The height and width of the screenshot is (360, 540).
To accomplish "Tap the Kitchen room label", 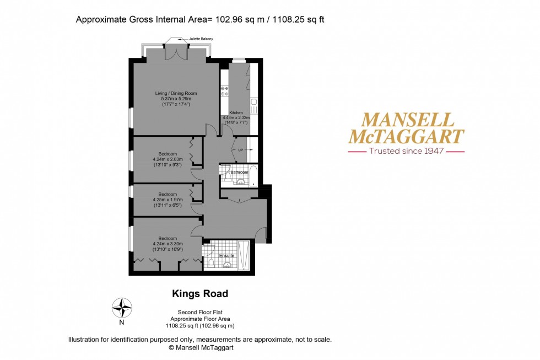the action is coord(236,112).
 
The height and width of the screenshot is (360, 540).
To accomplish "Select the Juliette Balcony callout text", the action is coord(201,39).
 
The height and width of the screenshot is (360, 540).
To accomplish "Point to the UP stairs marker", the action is coord(240,150).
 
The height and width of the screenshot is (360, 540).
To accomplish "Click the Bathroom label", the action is coord(239,172).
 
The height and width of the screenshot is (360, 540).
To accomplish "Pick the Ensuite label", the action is coord(226,256).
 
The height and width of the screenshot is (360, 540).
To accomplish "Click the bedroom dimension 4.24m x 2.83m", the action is coord(168,159).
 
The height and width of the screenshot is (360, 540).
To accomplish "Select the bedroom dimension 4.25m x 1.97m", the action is coord(168,200).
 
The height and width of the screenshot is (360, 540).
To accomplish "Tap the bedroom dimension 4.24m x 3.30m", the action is coord(168,244).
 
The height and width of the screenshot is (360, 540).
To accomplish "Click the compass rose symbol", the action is coord(122,308).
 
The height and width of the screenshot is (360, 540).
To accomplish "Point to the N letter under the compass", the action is coord(121,323).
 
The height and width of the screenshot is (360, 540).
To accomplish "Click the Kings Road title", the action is coord(200,294).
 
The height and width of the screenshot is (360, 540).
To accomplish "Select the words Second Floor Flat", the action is coord(200,313).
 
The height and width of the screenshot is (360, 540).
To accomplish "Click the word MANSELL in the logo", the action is coord(407,120).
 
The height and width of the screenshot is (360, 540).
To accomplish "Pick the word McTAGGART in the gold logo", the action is coord(407,136).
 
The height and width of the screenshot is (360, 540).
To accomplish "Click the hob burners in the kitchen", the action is coord(224,91).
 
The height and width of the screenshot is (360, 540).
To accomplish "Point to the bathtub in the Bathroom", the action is coord(253,176).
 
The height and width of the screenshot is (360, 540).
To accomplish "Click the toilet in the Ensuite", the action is coord(210,263).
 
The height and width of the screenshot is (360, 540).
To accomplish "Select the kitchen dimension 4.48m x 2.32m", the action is coord(236,117).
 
